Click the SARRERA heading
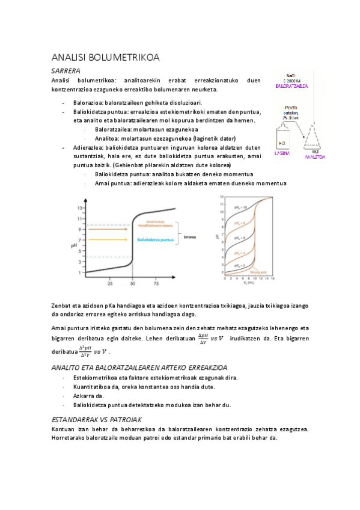tap(66, 71)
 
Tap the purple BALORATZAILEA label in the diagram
tap(291, 87)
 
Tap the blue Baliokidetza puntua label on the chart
tap(156, 240)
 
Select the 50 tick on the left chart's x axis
tap(132, 283)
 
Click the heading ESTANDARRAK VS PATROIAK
tap(97, 419)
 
